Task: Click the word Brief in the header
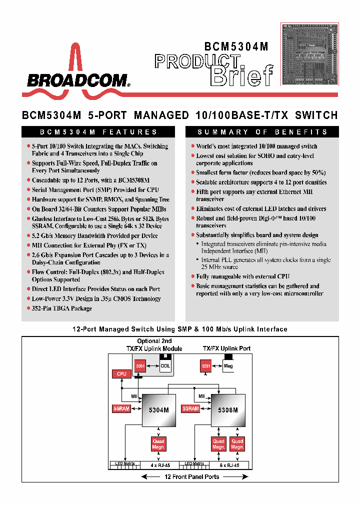point(242,75)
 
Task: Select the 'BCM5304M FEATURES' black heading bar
point(98,132)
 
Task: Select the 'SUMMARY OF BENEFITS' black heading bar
point(262,132)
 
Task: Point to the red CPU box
point(121,373)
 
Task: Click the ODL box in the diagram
point(165,366)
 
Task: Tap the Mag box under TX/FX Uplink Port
point(228,366)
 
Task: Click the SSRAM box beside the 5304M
point(121,408)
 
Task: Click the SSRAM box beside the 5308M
point(191,408)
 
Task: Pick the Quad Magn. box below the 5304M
point(158,443)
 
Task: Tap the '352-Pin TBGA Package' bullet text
point(62,308)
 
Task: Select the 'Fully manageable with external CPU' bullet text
point(242,276)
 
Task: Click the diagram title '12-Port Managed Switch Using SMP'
point(180,329)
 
